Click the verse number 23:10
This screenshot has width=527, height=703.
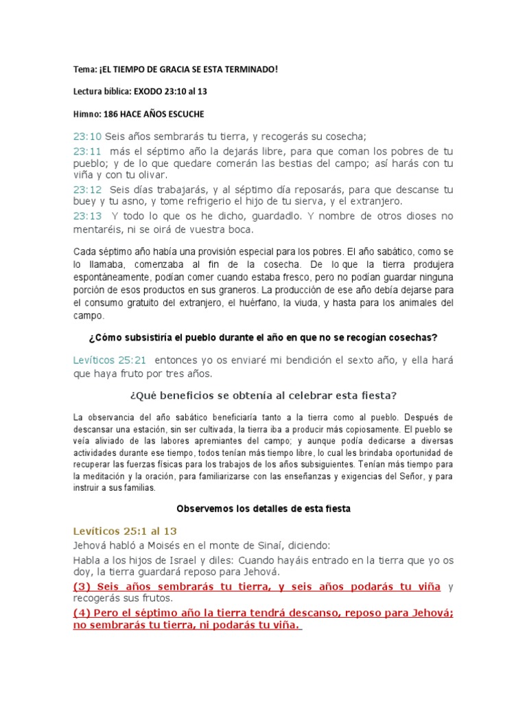[87, 137]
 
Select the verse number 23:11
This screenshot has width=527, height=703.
[87, 150]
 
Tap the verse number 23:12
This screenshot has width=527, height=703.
[87, 189]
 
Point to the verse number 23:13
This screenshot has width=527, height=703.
[87, 216]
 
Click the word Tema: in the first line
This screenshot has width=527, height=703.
[84, 69]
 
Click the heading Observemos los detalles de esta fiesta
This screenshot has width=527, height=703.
[263, 509]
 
